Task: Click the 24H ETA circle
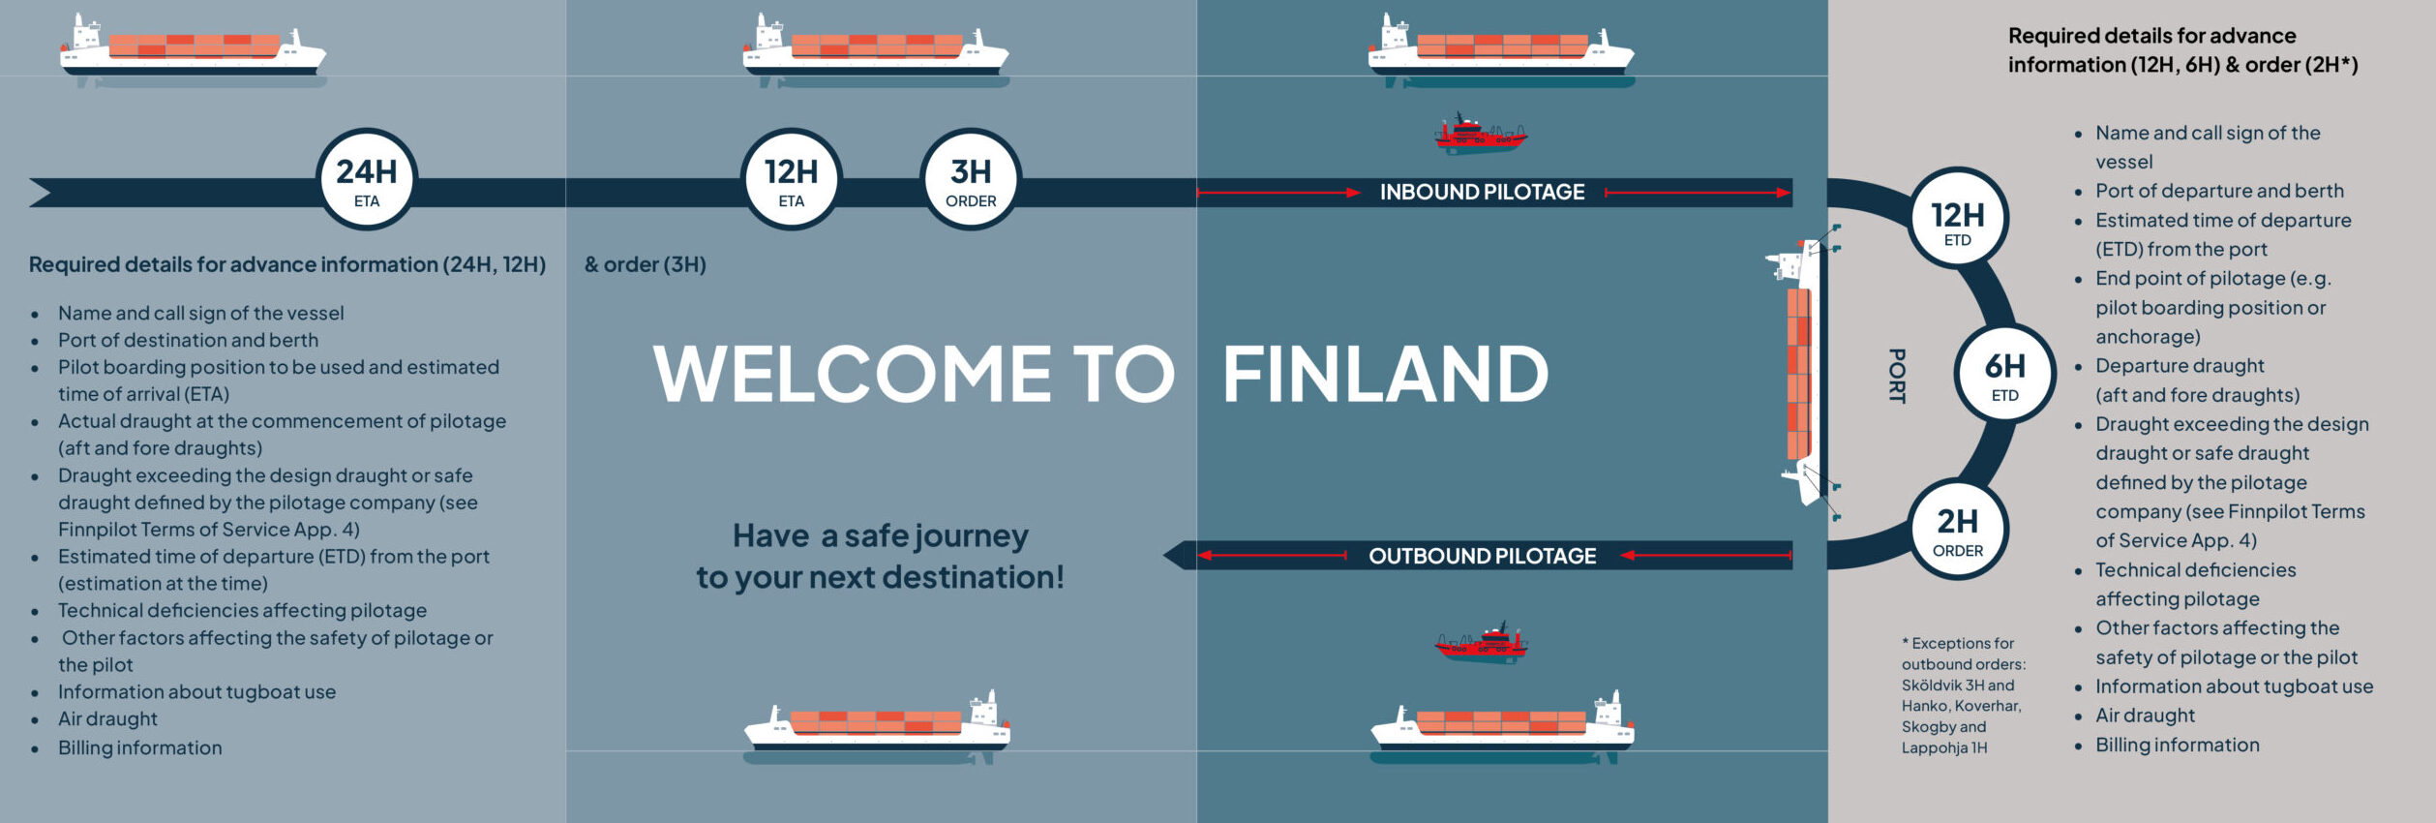[367, 179]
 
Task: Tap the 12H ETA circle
[792, 179]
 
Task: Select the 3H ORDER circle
[971, 179]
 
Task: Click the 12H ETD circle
[1958, 218]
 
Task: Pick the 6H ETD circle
[2005, 373]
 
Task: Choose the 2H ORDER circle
[1958, 529]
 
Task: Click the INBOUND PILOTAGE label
[1482, 193]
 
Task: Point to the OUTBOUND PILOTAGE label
[1482, 556]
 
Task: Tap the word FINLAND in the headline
[1385, 375]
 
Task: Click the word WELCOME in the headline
[853, 375]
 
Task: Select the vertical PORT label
[1897, 376]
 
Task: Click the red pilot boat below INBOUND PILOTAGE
[1480, 135]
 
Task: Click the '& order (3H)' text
[646, 264]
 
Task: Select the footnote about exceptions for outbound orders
[1963, 695]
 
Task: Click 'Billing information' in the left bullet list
[140, 747]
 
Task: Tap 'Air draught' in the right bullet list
[2145, 716]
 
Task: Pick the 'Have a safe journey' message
[881, 557]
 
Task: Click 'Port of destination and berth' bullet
[188, 340]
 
